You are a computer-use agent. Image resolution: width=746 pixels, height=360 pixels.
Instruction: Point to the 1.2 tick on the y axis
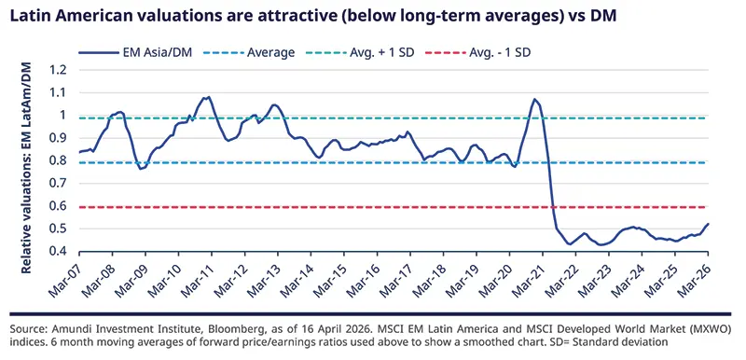coord(59,70)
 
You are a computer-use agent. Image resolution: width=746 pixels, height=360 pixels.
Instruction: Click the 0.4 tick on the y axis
coord(59,252)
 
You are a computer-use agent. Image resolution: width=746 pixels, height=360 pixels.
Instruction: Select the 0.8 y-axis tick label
coord(59,160)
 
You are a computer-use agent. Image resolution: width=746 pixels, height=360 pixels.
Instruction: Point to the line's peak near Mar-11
coord(206,96)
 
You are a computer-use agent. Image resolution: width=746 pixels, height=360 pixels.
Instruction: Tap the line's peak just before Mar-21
coord(534,99)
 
